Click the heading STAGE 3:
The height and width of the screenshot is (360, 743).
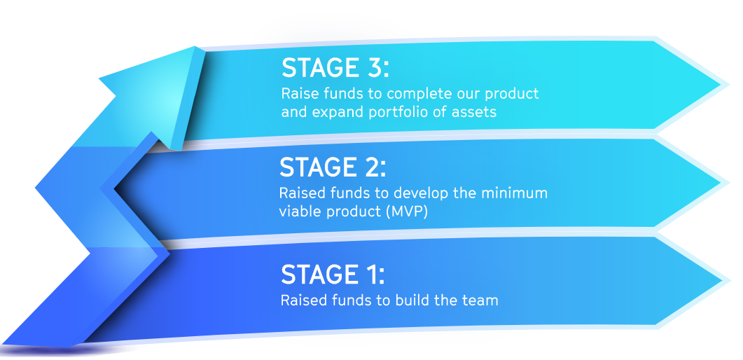tap(335, 67)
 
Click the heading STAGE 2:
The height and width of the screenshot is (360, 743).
tap(333, 167)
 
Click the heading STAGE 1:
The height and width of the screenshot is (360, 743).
tap(333, 275)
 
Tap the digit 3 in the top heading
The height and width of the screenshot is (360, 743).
tap(371, 67)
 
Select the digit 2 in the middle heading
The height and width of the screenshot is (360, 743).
tap(369, 167)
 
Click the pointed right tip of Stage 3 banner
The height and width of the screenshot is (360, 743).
tap(727, 85)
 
